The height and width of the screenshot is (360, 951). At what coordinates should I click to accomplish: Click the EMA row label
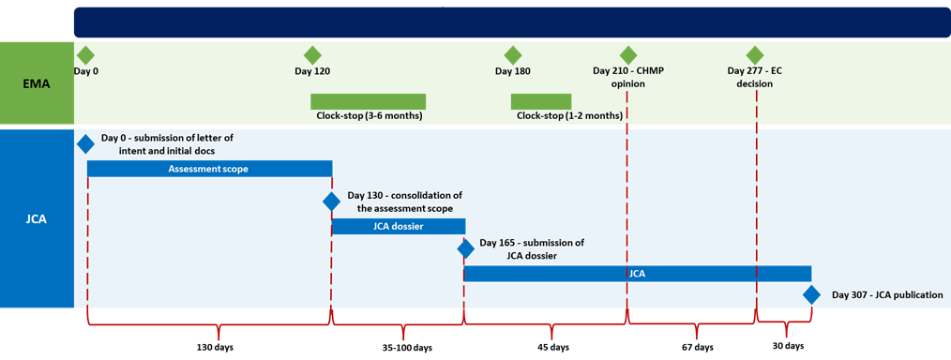pos(37,83)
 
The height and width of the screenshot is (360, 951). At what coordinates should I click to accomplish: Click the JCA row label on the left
pos(37,219)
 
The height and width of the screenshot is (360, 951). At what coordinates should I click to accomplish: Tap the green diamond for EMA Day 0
pos(85,55)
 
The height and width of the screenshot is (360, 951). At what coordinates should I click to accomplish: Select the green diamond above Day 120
pos(312,55)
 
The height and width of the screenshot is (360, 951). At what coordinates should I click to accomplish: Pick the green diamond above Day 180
pos(512,55)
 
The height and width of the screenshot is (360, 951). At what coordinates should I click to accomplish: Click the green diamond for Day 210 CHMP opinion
pos(627,55)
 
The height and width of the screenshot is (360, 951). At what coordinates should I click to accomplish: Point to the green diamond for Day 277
pos(755,55)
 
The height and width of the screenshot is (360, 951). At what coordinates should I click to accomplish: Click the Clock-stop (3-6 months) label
pos(369,116)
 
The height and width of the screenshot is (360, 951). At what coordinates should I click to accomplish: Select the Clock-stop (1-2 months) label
pos(569,116)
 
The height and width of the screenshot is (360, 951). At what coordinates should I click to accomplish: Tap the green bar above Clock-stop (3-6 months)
pos(368,101)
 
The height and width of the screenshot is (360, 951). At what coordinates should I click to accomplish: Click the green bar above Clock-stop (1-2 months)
pos(541,101)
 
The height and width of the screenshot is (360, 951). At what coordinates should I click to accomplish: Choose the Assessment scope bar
pos(209,169)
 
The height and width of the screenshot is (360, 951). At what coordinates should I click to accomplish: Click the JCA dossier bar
pos(399,226)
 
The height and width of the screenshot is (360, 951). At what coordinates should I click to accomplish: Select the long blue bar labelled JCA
pos(638,274)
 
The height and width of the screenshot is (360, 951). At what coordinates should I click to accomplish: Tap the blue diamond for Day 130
pos(331,201)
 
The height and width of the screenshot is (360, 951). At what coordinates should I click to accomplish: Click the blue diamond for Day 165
pos(465,248)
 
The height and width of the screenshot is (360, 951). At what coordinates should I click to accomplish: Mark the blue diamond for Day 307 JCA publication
pos(812,295)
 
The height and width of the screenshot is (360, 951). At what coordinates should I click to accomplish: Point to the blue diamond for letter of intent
pos(85,143)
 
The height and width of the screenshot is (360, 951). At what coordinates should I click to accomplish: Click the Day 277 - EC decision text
pos(755,77)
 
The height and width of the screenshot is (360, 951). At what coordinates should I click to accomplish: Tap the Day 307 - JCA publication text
pos(886,295)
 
